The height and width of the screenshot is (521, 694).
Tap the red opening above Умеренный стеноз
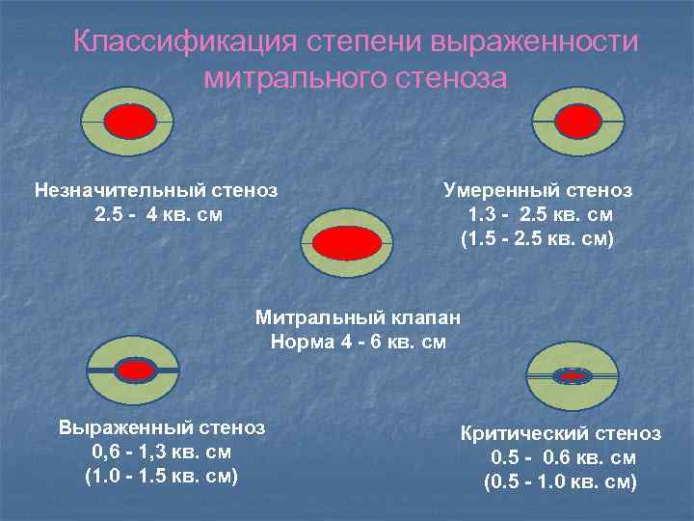click(576, 122)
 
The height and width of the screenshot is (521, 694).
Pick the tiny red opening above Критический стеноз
click(574, 375)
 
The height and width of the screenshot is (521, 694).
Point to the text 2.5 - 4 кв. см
click(158, 213)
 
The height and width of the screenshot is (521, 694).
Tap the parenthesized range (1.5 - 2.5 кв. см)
click(538, 237)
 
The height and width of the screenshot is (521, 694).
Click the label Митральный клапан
click(358, 316)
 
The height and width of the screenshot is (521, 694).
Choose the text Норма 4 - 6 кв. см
click(359, 341)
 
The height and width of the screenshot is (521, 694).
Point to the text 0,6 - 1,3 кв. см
click(161, 452)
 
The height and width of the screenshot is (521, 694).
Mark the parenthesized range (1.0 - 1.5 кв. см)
click(161, 476)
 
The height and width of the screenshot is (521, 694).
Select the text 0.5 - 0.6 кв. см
click(563, 457)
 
